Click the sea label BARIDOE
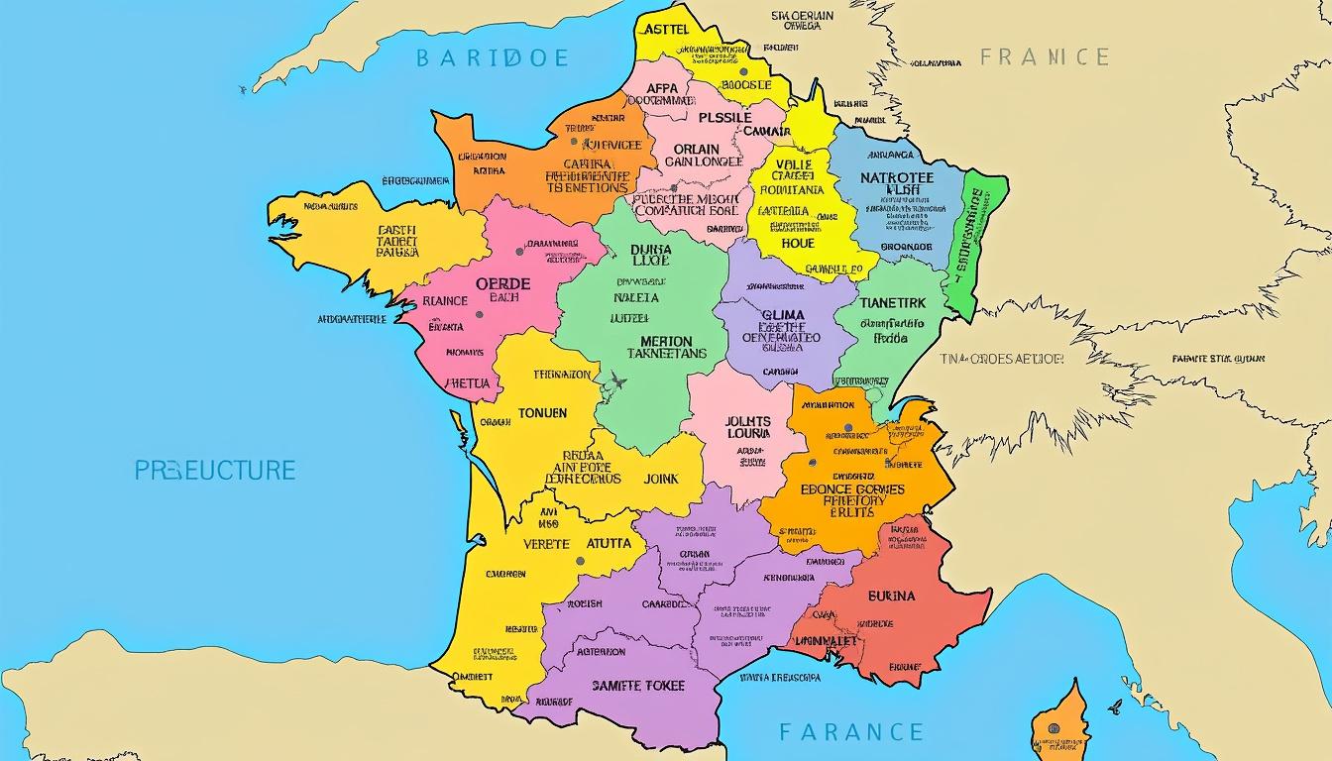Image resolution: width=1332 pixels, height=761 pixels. pyautogui.click(x=494, y=58)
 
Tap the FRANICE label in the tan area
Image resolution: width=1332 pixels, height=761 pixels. pyautogui.click(x=1045, y=56)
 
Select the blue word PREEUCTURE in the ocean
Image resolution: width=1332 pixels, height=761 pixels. pyautogui.click(x=215, y=470)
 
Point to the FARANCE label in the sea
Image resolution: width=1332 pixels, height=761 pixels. pyautogui.click(x=850, y=733)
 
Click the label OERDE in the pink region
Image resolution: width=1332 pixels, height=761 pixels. pyautogui.click(x=502, y=283)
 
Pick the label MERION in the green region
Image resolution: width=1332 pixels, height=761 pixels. pyautogui.click(x=659, y=341)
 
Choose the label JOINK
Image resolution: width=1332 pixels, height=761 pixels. pyautogui.click(x=661, y=479)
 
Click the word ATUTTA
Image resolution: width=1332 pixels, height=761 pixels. pyautogui.click(x=610, y=543)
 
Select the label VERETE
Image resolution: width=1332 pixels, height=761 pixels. pyautogui.click(x=545, y=544)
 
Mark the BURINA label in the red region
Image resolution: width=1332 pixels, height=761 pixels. pyautogui.click(x=891, y=597)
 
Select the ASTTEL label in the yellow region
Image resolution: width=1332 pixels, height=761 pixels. pyautogui.click(x=665, y=30)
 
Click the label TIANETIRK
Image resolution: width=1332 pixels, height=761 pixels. pyautogui.click(x=893, y=303)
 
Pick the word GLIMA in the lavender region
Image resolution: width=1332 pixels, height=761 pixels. pyautogui.click(x=782, y=316)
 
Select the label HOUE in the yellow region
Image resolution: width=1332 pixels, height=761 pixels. pyautogui.click(x=797, y=243)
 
